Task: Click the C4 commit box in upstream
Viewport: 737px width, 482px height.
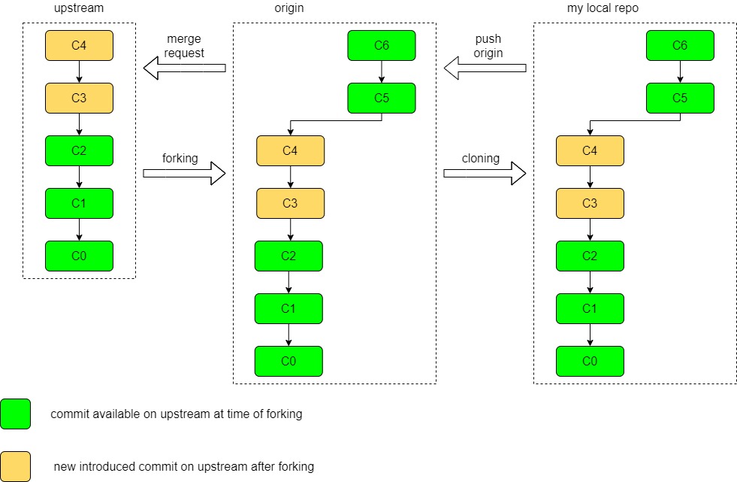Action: (x=79, y=46)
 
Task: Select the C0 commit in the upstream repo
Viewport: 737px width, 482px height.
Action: (x=79, y=256)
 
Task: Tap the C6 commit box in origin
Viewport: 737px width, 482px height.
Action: (x=382, y=46)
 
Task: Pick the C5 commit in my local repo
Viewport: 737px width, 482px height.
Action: (x=680, y=99)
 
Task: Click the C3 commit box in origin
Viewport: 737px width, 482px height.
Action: (x=290, y=204)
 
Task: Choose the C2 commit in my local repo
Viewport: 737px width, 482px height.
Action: (x=590, y=256)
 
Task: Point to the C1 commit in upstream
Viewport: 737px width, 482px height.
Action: (x=79, y=204)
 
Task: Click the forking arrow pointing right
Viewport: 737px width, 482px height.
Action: (x=184, y=174)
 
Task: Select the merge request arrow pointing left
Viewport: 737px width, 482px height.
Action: (x=184, y=69)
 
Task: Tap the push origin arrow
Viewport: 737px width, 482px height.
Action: (x=485, y=69)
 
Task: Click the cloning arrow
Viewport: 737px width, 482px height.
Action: (x=485, y=174)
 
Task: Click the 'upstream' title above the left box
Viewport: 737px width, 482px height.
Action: (x=79, y=8)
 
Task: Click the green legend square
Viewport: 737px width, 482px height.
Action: (x=16, y=414)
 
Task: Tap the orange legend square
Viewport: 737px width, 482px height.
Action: (x=16, y=466)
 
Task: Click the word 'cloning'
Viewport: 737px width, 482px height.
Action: (x=481, y=159)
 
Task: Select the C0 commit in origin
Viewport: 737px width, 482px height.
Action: (x=288, y=362)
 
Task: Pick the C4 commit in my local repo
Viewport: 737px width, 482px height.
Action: (x=590, y=151)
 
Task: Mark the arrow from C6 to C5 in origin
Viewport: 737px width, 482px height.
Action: (x=382, y=72)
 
